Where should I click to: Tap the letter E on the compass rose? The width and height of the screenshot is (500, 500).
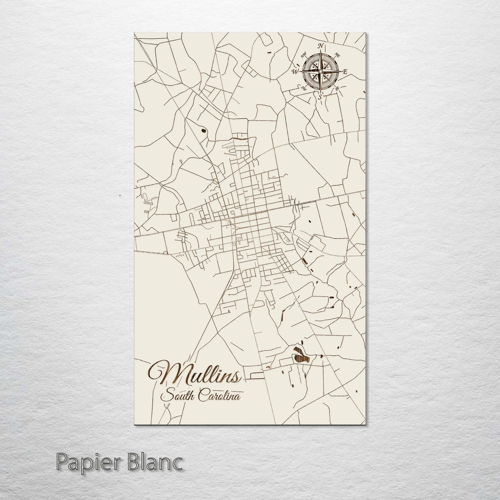[x=345, y=72]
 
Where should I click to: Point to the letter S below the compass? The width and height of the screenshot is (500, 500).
[x=320, y=97]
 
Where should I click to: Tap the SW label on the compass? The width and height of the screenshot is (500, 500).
[x=304, y=88]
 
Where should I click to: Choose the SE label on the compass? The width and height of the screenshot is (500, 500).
[x=337, y=89]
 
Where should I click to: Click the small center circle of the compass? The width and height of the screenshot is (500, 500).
[x=320, y=72]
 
